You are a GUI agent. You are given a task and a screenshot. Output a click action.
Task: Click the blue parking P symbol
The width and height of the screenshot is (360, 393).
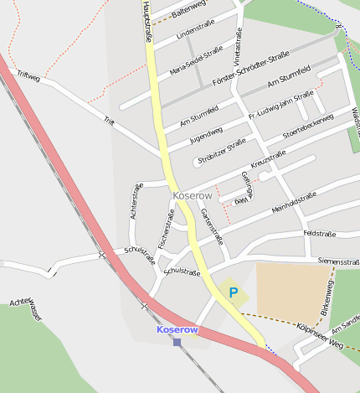[234, 293]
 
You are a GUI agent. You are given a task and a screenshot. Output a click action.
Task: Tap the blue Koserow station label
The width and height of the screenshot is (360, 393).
[177, 330]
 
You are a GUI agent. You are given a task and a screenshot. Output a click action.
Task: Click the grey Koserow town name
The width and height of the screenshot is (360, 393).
[193, 195]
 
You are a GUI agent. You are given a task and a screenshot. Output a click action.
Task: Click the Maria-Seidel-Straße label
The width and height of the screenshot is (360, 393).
[196, 59]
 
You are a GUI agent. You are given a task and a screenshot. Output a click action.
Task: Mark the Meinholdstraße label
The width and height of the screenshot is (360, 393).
[294, 203]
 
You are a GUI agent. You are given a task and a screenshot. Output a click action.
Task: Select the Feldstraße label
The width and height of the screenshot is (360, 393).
[320, 233]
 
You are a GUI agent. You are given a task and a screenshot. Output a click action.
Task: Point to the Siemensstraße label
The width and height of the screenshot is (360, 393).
[338, 261]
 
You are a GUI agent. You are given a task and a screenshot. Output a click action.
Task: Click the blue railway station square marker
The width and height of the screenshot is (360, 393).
[177, 341]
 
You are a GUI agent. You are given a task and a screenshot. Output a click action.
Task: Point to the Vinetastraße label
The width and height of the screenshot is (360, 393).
[239, 49]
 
